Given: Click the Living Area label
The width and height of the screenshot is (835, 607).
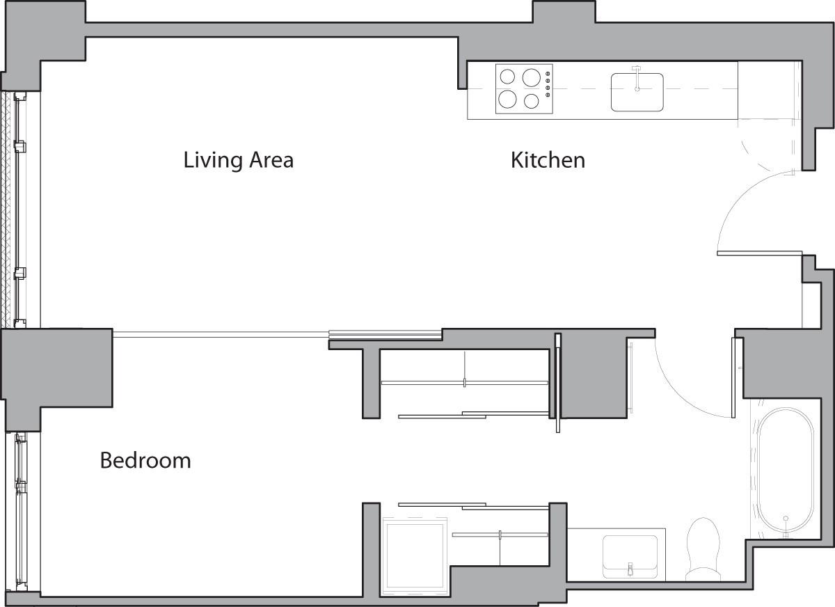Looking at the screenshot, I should pyautogui.click(x=238, y=160).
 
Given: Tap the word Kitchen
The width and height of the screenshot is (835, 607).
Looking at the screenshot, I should pyautogui.click(x=548, y=160).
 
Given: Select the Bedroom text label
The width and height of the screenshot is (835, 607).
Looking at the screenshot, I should pyautogui.click(x=145, y=460).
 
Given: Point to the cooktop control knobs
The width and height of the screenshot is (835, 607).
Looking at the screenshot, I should pyautogui.click(x=548, y=84).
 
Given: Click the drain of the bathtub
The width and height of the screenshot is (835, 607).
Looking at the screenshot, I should pyautogui.click(x=786, y=519).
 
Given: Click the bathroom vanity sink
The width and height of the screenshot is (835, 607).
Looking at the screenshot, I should pyautogui.click(x=630, y=554).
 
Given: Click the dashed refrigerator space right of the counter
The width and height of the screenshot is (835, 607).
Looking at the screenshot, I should pyautogui.click(x=769, y=90).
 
